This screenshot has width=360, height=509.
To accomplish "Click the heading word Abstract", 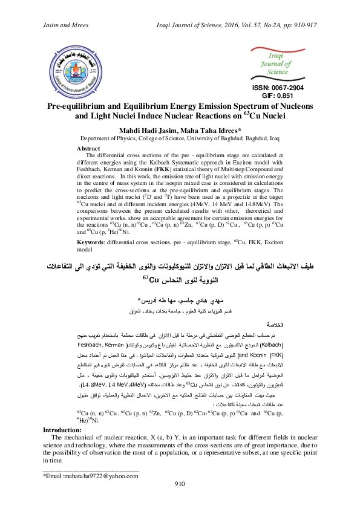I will (90, 148).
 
